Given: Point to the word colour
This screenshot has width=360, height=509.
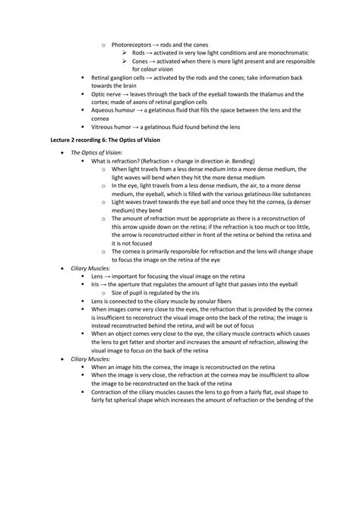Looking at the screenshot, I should (158, 69).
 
